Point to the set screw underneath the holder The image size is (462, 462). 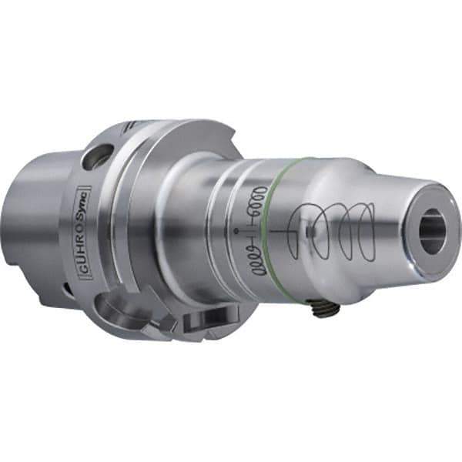click(328, 308)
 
